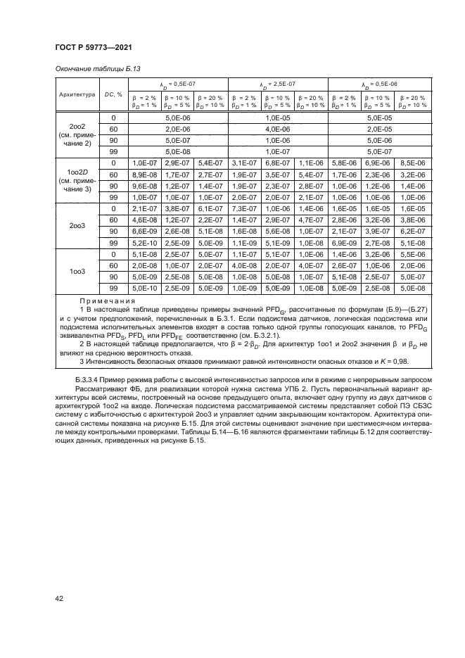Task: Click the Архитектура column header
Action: [76, 93]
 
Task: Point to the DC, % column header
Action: [113, 93]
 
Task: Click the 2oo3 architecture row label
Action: [76, 226]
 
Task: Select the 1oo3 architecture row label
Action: [76, 271]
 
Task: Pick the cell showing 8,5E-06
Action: [410, 163]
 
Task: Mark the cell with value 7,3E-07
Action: [243, 208]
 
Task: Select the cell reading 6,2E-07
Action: [410, 231]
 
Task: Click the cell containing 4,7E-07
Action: [310, 220]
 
